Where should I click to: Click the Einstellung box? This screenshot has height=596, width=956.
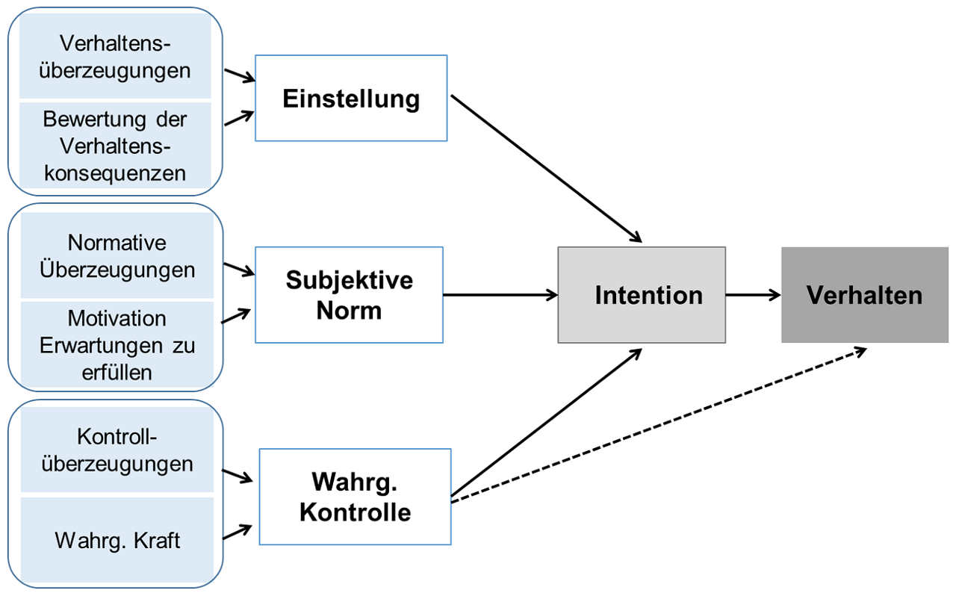point(351,98)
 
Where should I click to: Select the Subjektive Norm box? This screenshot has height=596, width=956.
point(349,295)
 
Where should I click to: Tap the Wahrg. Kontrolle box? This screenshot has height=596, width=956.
point(355,497)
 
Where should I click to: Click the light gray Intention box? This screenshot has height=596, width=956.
point(642,295)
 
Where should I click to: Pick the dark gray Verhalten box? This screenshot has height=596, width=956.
point(864,295)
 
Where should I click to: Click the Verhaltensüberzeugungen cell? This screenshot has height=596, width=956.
point(116,58)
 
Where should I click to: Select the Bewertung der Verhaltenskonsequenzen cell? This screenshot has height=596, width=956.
point(116,146)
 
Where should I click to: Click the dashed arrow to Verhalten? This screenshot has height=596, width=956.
point(657,425)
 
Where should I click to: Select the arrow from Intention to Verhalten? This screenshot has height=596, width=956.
point(753,295)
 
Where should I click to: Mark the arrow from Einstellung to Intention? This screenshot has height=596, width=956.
point(546,169)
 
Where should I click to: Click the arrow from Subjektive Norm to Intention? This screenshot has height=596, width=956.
point(500,295)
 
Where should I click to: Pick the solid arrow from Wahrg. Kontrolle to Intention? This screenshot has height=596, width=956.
point(546,421)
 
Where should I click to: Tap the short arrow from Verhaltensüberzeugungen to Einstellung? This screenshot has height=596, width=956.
point(239,75)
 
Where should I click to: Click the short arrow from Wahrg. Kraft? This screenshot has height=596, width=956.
point(238,532)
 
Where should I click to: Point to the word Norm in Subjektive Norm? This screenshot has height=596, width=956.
point(349,310)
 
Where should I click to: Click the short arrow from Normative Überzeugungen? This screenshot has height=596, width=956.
point(238,267)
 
